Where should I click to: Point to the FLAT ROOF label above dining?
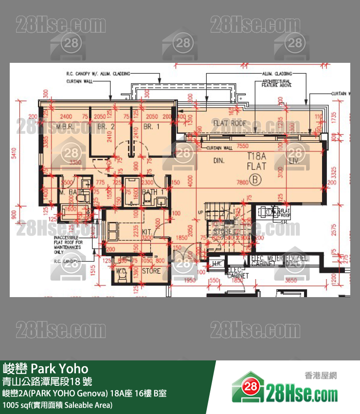click(x=230, y=124)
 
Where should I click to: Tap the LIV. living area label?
click(x=293, y=160)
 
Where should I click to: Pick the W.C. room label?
click(x=122, y=271)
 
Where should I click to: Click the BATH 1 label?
click(x=154, y=192)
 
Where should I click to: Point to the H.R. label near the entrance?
click(x=216, y=263)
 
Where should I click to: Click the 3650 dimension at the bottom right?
click(x=291, y=281)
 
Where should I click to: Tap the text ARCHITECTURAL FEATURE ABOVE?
click(x=276, y=83)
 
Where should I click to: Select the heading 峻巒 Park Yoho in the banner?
click(x=46, y=368)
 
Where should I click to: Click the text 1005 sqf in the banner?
click(x=57, y=405)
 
